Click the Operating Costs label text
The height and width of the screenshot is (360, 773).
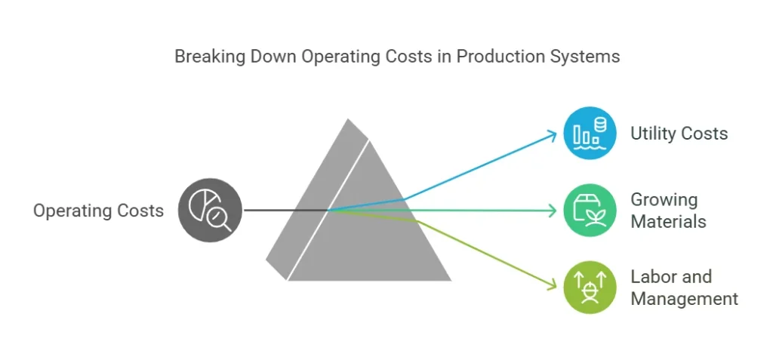[98, 211]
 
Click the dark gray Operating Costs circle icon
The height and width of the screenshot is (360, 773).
[210, 211]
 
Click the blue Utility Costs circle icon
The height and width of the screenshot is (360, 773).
[590, 133]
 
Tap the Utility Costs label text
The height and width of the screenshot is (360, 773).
[679, 134]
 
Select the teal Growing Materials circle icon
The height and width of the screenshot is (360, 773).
[590, 211]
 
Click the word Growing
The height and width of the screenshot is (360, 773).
[664, 200]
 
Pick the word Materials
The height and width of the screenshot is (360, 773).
[669, 221]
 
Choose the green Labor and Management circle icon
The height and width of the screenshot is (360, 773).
[590, 288]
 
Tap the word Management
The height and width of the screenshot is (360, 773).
[684, 299]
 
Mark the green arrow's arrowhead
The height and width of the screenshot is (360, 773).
[553, 285]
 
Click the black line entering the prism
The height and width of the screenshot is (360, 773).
[286, 211]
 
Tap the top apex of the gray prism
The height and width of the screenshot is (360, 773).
[348, 118]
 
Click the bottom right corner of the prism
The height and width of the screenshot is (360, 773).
[451, 281]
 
